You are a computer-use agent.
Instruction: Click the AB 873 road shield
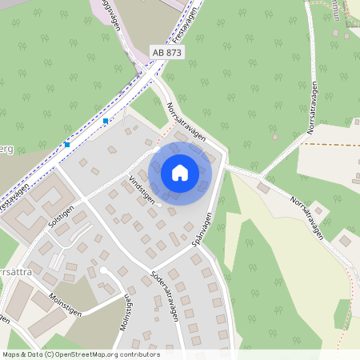pyautogui.click(x=166, y=52)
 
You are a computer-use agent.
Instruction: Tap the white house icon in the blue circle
pyautogui.click(x=180, y=172)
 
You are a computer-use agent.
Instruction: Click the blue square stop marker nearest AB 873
pyautogui.click(x=106, y=121)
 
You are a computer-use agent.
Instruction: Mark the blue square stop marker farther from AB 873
pyautogui.click(x=67, y=145)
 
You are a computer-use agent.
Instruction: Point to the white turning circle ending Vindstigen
pyautogui.click(x=159, y=206)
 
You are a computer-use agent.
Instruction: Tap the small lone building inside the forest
pyautogui.click(x=263, y=187)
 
